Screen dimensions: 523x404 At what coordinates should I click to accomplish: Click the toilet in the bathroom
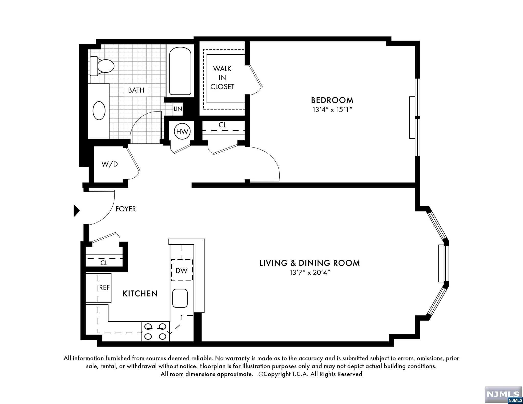pos(102,66)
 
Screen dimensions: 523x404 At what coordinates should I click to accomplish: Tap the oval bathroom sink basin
pos(99,111)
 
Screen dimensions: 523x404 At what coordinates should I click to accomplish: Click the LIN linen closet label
pos(178,109)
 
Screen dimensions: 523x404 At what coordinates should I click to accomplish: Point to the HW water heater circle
pos(182,132)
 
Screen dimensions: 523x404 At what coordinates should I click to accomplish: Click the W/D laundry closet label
pos(110,164)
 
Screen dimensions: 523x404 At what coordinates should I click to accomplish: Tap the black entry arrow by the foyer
pos(77,211)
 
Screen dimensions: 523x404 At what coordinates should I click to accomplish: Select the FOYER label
pos(126,209)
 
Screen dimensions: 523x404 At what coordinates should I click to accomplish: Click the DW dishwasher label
pos(182,271)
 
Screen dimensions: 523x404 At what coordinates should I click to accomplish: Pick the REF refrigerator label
pos(104,288)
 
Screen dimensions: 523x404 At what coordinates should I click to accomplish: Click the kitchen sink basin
pos(180,298)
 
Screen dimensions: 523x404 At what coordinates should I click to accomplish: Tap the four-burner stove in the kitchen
pos(156,331)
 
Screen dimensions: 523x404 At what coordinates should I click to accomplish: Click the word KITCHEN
pos(140,293)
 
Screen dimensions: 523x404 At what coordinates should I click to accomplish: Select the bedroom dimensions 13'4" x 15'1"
pos(332,110)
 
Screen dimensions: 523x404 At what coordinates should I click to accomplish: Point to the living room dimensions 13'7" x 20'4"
pos(310,273)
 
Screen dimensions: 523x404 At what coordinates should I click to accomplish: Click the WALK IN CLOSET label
pos(222,78)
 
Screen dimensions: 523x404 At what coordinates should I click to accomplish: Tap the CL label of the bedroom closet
pos(222,125)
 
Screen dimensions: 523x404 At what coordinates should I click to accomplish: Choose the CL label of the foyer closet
pos(104,263)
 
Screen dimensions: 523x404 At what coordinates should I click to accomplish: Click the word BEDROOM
pos(332,100)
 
